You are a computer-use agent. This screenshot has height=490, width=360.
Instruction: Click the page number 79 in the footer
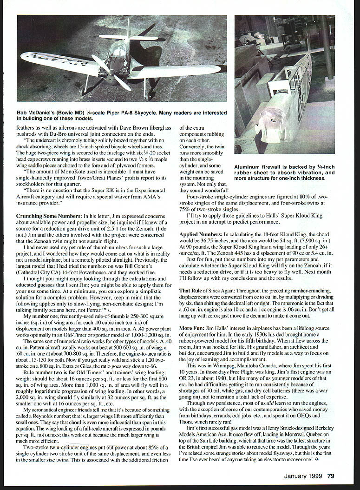331,475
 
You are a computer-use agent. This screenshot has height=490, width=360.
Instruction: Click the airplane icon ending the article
317,458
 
